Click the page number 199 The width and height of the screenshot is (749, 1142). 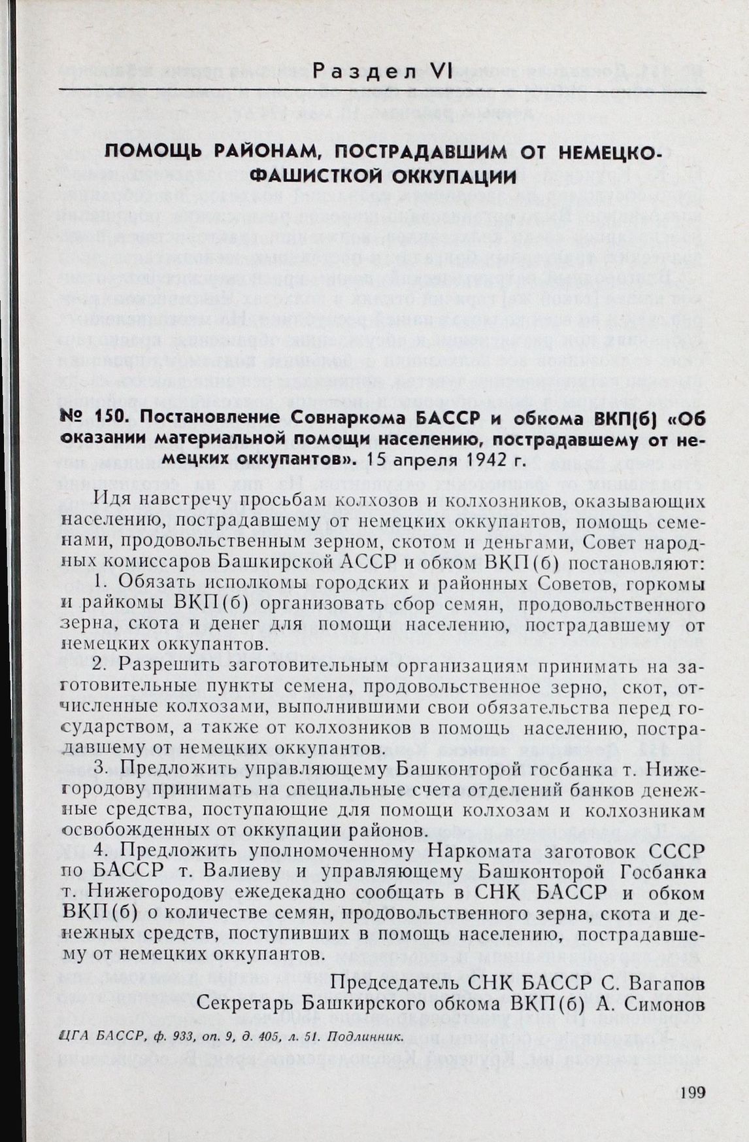(691, 1092)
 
